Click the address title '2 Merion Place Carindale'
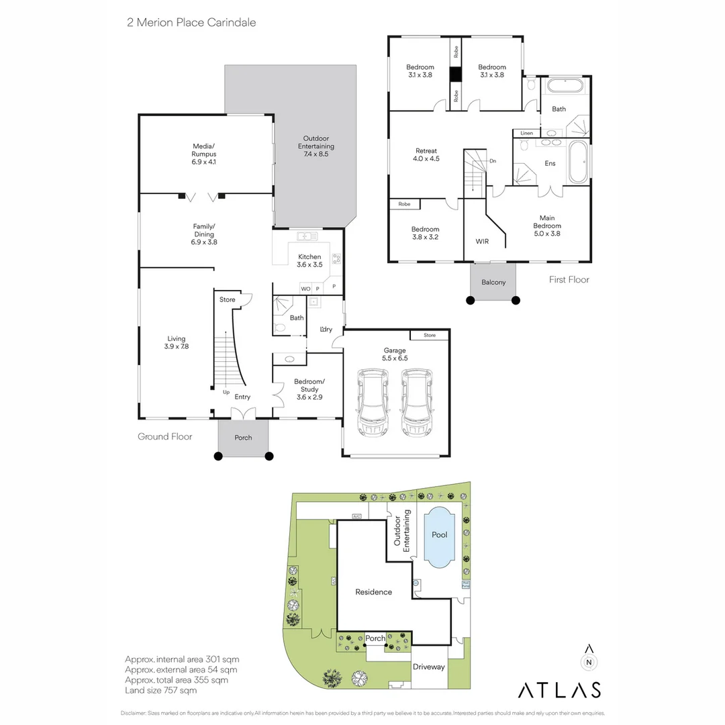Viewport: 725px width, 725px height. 191,22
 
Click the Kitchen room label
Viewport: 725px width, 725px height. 309,260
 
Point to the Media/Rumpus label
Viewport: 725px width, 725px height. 203,154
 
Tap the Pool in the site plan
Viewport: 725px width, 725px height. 440,535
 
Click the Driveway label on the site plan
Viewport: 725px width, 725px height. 428,667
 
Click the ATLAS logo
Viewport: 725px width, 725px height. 559,689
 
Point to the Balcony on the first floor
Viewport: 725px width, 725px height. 493,282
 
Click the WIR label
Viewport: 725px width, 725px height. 483,240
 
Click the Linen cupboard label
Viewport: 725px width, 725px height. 527,134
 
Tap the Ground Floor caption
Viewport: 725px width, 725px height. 165,436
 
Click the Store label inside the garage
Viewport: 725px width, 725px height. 430,335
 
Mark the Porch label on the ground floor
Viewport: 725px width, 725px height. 243,438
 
